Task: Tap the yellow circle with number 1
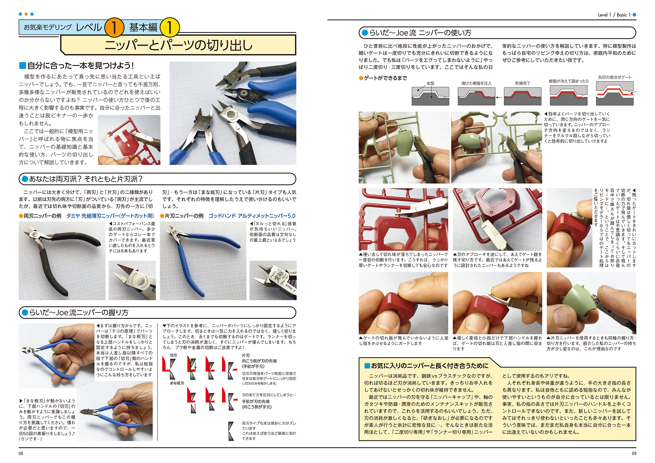tap(170, 27)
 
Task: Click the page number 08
tap(21, 453)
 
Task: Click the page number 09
tap(634, 453)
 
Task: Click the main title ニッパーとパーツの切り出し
tap(179, 45)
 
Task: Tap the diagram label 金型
tap(430, 83)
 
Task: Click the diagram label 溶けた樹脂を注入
tap(476, 83)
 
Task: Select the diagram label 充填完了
tap(523, 83)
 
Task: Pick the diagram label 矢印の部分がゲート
tap(615, 77)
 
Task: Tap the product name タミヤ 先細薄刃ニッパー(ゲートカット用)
tap(110, 216)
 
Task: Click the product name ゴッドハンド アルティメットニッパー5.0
tap(252, 216)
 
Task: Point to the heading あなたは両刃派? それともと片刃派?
tap(86, 179)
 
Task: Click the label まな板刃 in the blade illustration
tap(177, 383)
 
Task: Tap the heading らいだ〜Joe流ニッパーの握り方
tap(79, 313)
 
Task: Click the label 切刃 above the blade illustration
tap(173, 355)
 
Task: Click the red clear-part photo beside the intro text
tap(129, 140)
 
